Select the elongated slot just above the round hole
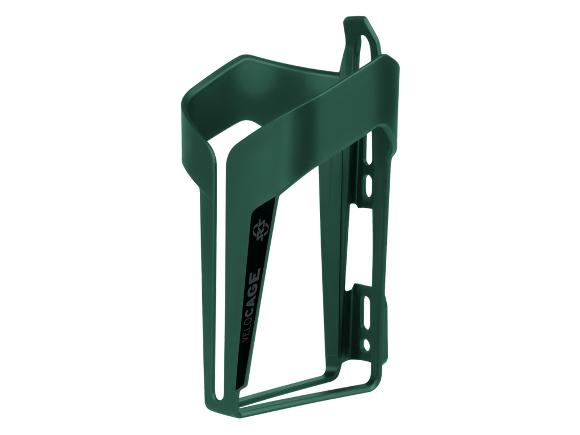[367, 306]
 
